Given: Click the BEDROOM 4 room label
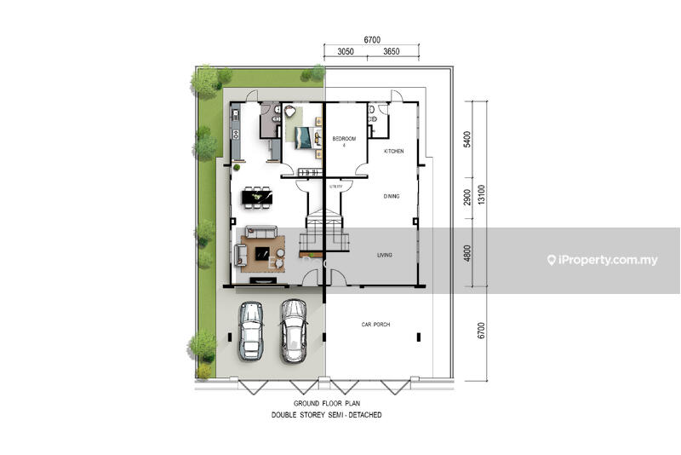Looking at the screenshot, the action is pos(344,141).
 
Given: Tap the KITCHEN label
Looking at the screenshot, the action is pos(394,151).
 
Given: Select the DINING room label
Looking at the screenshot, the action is pos(392,197).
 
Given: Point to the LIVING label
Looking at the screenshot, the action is pos(385,255).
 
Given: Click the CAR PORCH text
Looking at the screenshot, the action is pos(375,324).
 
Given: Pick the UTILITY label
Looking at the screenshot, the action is pos(335,187).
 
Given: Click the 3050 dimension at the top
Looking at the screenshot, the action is pos(346,52).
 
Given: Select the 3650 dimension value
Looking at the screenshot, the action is pos(392,52).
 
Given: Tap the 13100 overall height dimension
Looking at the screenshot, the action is pos(481,194).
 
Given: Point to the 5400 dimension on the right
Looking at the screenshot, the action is pos(467,140).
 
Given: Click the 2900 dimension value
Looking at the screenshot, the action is pos(467,198).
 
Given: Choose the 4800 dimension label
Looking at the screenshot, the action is pos(467,253).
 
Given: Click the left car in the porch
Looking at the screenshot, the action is pos(251,331).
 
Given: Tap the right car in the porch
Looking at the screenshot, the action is pos(294,331).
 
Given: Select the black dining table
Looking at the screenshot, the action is pos(257,198).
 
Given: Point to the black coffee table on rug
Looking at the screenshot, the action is pos(262,253).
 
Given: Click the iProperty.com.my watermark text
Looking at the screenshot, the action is pos(603,260).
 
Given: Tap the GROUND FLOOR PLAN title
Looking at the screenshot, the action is pos(327,403).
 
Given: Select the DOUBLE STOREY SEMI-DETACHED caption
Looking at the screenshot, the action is pos(327,415).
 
